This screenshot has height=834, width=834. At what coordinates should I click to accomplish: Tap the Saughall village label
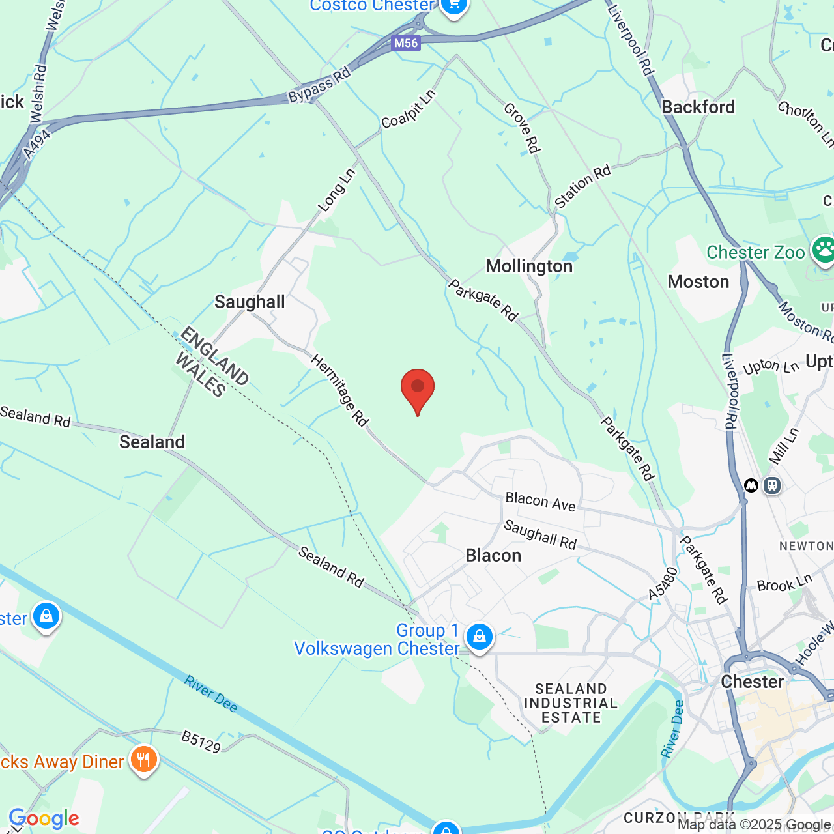[x=250, y=302]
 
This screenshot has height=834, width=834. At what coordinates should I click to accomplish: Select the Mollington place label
[x=529, y=266]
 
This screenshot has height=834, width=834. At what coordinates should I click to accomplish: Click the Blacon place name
[x=493, y=555]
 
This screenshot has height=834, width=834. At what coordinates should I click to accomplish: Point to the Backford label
[x=698, y=107]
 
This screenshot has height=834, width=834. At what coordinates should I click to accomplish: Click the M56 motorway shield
[x=406, y=43]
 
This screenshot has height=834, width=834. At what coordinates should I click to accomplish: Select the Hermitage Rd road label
[x=339, y=390]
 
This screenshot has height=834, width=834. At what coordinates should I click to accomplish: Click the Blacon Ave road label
[x=540, y=502]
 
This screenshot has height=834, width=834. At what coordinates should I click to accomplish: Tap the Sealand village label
[x=152, y=442]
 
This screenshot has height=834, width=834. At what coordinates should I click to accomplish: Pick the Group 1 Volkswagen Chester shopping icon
[x=479, y=637]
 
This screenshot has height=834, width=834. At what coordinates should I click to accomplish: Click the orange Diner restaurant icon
[x=143, y=760]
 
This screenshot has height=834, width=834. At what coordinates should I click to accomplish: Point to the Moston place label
[x=698, y=281]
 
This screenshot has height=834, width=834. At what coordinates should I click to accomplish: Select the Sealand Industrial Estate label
[x=571, y=703]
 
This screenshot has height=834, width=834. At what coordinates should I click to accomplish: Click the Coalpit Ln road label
[x=408, y=109]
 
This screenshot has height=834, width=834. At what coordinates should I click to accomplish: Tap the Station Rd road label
[x=582, y=187]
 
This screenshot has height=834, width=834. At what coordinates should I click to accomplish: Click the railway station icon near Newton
[x=772, y=485]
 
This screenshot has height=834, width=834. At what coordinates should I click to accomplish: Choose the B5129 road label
[x=201, y=741]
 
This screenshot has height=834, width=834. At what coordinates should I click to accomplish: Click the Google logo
[x=44, y=818]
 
